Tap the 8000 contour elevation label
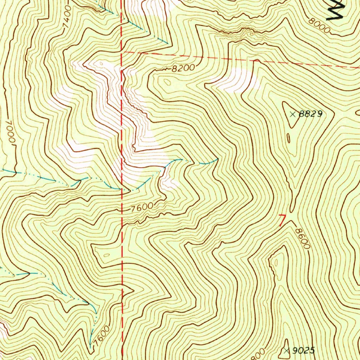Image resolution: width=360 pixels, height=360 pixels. tap(319, 25)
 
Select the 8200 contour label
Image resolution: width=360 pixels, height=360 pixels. tap(183, 69)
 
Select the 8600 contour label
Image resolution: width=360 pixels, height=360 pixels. tap(302, 238)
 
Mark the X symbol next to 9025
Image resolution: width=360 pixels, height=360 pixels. tap(288, 350)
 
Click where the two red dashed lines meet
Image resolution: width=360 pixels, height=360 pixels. tap(122, 52)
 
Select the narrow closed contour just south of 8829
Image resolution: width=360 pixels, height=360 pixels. tap(288, 139)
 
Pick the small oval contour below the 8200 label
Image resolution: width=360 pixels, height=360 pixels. tap(167, 82)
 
